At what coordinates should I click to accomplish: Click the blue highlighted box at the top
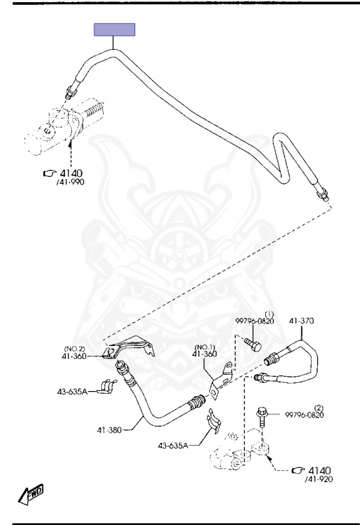coord(115,29)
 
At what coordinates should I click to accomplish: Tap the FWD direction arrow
coord(31,494)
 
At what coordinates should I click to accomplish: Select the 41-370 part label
coord(301,321)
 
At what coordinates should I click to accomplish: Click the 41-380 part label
coord(109,429)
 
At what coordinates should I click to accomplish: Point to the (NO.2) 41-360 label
coord(74,353)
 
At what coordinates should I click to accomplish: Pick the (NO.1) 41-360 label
coord(205,351)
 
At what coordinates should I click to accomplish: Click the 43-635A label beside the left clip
coord(72,392)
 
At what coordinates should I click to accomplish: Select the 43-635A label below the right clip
coord(173,445)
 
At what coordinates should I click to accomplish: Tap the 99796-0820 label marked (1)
coord(255,319)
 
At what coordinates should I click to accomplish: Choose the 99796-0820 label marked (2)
coord(305,412)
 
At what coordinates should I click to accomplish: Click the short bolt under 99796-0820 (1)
coord(253,345)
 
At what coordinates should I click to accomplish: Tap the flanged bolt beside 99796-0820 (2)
coord(262,417)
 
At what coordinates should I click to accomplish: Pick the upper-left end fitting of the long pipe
coord(72,91)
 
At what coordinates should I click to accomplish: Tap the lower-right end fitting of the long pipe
coord(322,194)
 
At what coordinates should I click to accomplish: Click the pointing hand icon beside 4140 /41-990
coord(49,173)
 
